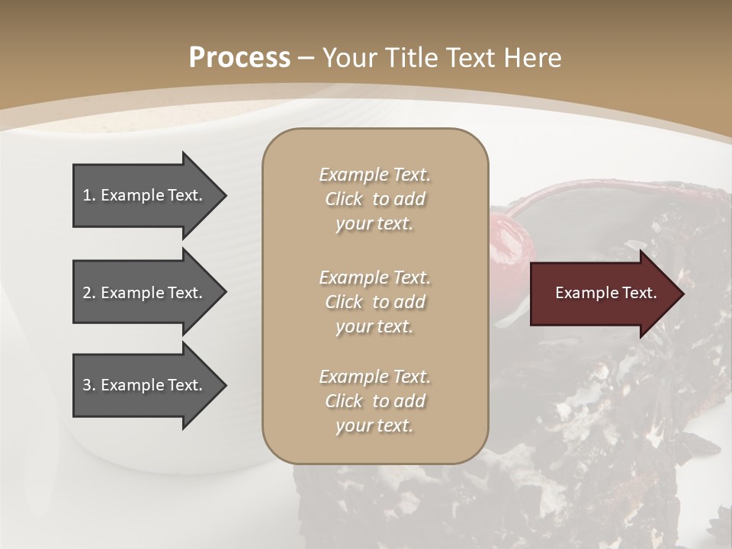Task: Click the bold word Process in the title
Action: click(239, 58)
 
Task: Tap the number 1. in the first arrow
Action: click(89, 195)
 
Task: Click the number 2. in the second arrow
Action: click(89, 293)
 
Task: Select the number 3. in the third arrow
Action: click(89, 385)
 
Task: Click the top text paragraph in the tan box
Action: click(374, 199)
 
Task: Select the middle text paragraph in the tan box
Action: click(374, 302)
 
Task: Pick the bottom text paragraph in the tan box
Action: click(374, 401)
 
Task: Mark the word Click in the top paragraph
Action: click(344, 199)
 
